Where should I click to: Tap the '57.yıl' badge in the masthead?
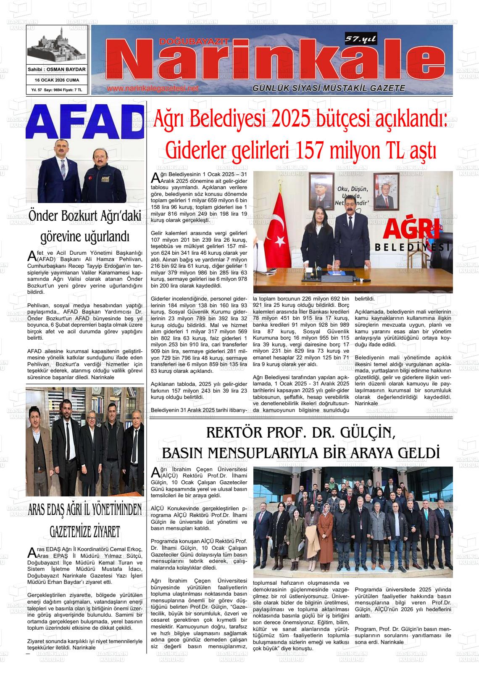pyautogui.click(x=361, y=39)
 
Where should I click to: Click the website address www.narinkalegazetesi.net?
pyautogui.click(x=153, y=89)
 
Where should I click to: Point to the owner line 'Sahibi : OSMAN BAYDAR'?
pyautogui.click(x=57, y=69)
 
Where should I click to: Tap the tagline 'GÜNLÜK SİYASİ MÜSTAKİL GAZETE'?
pyautogui.click(x=329, y=88)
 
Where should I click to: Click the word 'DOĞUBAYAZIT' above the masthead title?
pyautogui.click(x=194, y=41)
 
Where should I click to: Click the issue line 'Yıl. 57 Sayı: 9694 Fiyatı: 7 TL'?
pyautogui.click(x=57, y=90)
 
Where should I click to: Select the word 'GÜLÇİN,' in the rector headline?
pyautogui.click(x=363, y=433)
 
